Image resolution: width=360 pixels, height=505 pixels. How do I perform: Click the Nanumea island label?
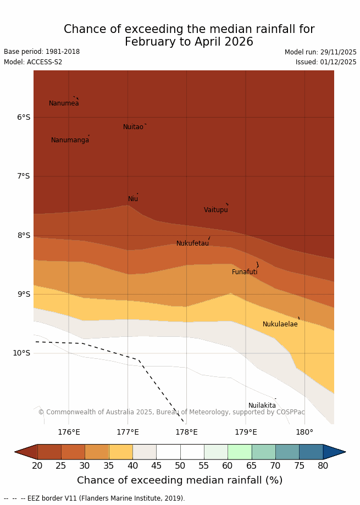pyautogui.click(x=64, y=103)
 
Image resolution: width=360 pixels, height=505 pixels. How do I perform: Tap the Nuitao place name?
pyautogui.click(x=133, y=127)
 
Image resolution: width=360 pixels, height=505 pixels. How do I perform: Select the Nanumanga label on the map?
pyautogui.click(x=70, y=140)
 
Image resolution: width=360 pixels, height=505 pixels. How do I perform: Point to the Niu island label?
pyautogui.click(x=133, y=199)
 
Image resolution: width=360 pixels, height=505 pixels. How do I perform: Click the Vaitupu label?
pyautogui.click(x=215, y=210)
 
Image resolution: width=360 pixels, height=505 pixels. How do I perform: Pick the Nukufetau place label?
pyautogui.click(x=192, y=243)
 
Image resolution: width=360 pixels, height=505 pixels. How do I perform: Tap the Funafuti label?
pyautogui.click(x=245, y=272)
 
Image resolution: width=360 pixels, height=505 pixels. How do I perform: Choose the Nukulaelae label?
pyautogui.click(x=280, y=324)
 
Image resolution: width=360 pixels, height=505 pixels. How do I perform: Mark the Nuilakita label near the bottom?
pyautogui.click(x=262, y=406)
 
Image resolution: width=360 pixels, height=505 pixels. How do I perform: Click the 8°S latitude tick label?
pyautogui.click(x=24, y=235)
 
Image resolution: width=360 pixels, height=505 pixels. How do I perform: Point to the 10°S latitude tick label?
pyautogui.click(x=21, y=353)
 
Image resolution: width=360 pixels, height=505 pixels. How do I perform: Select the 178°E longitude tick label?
pyautogui.click(x=186, y=432)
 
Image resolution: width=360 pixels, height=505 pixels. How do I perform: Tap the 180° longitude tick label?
pyautogui.click(x=304, y=432)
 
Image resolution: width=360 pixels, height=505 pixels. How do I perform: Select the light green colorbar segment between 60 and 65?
pyautogui.click(x=240, y=452)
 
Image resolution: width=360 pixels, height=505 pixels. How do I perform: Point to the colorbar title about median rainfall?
pyautogui.click(x=180, y=480)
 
